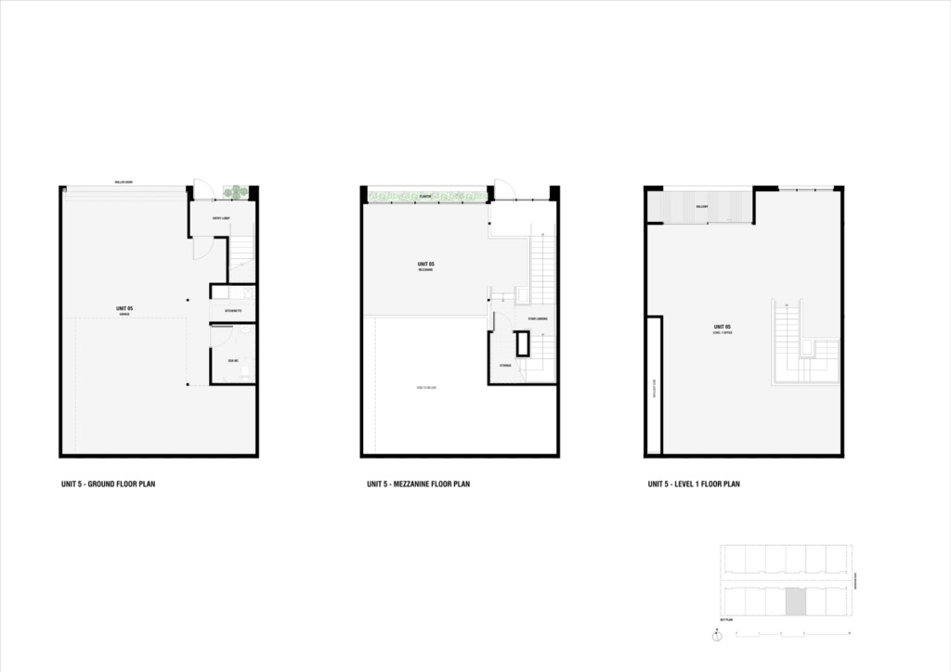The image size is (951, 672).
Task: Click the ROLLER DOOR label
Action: [124, 182]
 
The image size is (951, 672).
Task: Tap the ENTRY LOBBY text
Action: [220, 218]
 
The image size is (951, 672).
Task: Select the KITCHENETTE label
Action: [233, 311]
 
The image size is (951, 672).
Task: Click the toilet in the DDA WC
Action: [244, 369]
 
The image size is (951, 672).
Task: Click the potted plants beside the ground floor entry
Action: [236, 193]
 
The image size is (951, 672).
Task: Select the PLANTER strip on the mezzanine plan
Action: [426, 196]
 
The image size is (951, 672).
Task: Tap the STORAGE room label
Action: [505, 366]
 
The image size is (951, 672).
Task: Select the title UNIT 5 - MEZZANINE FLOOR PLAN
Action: [418, 484]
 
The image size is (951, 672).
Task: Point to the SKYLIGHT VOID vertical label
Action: [654, 386]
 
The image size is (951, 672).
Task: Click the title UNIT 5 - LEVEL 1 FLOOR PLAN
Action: [694, 484]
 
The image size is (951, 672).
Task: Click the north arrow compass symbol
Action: [717, 637]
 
